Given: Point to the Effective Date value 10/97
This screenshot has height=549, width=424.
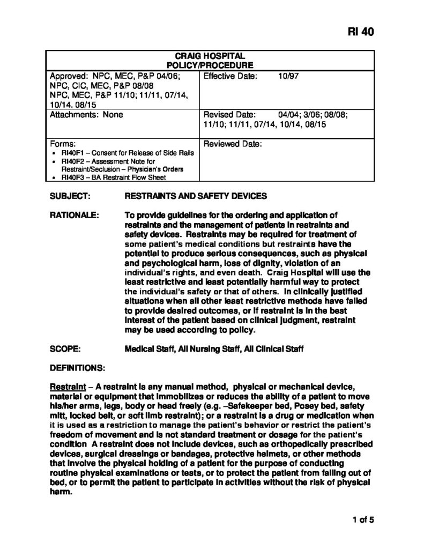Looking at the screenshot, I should (x=288, y=76).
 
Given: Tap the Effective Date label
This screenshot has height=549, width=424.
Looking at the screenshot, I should (x=230, y=76).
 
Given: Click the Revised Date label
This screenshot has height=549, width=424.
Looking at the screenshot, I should (x=229, y=114).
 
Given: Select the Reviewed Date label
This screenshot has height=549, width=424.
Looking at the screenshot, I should (x=233, y=144).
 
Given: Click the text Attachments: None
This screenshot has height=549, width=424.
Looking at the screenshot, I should (x=86, y=114).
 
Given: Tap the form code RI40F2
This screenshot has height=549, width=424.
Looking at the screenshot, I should (x=72, y=161).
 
